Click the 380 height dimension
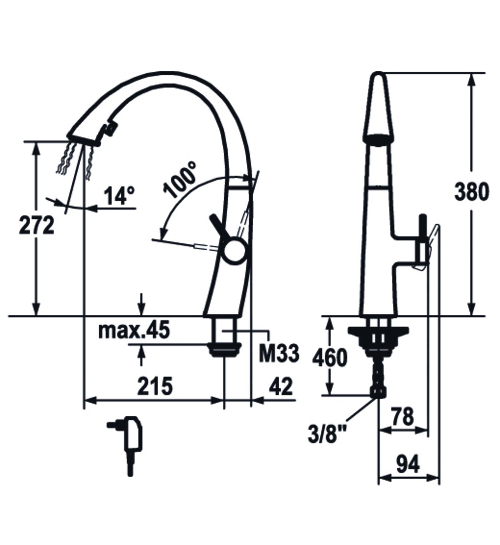pyautogui.click(x=472, y=192)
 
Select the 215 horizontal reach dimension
pyautogui.click(x=155, y=386)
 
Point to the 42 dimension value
pyautogui.click(x=281, y=386)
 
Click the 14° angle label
pyautogui.click(x=120, y=196)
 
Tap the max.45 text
pyautogui.click(x=134, y=329)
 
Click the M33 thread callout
pyautogui.click(x=279, y=353)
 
